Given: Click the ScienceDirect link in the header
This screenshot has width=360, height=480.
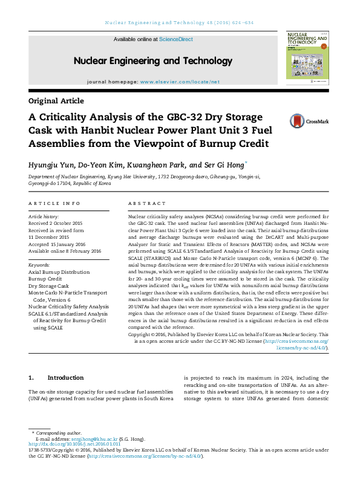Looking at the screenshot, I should tap(176, 39).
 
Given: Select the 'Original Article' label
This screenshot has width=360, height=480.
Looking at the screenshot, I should tap(56, 101).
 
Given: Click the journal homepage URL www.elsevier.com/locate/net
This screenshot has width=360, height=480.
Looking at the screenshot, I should tap(180, 81).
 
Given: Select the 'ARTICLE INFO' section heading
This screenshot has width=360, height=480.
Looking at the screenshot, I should tap(54, 204).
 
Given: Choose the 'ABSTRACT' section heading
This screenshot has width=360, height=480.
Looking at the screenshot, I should tap(147, 204).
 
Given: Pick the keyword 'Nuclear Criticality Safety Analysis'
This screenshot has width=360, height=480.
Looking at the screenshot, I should tap(68, 306).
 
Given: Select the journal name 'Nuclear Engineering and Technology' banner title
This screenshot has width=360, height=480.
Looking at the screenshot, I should tap(144, 60).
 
